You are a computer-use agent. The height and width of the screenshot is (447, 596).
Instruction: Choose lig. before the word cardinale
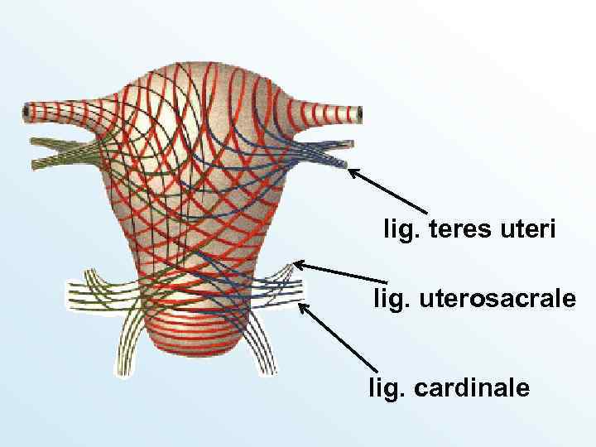point(387,387)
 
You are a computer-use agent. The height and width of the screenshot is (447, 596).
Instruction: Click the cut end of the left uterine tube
point(28,110)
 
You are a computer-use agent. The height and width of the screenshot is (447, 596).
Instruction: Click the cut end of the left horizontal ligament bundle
point(70,295)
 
